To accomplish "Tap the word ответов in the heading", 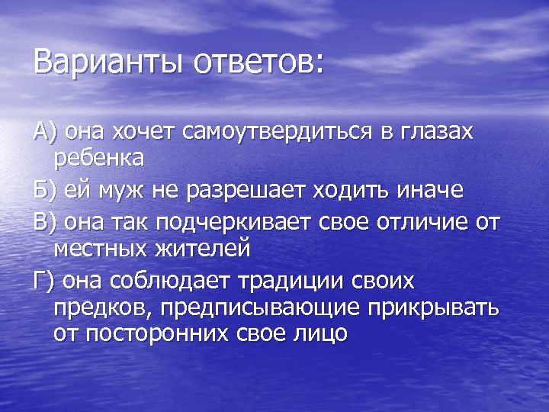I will point(258,62).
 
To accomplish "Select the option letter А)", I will point(45,132).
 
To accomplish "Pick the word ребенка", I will point(98,159).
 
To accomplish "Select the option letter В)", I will point(45,222).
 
